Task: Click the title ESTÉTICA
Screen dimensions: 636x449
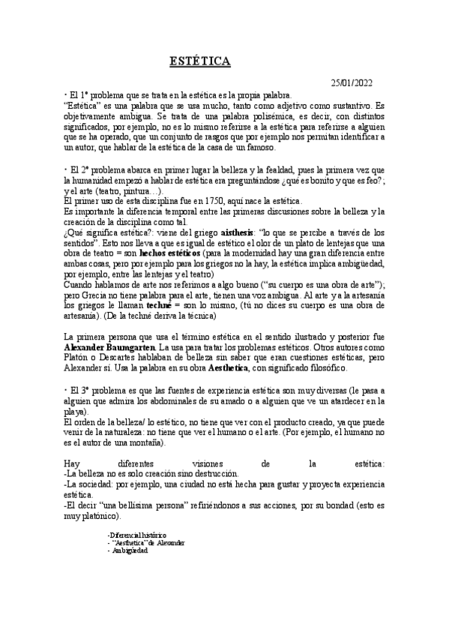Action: click(199, 61)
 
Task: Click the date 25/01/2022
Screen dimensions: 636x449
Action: click(352, 83)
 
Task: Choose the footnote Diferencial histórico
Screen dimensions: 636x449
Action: click(138, 534)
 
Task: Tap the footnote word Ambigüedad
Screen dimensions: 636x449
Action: click(130, 550)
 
